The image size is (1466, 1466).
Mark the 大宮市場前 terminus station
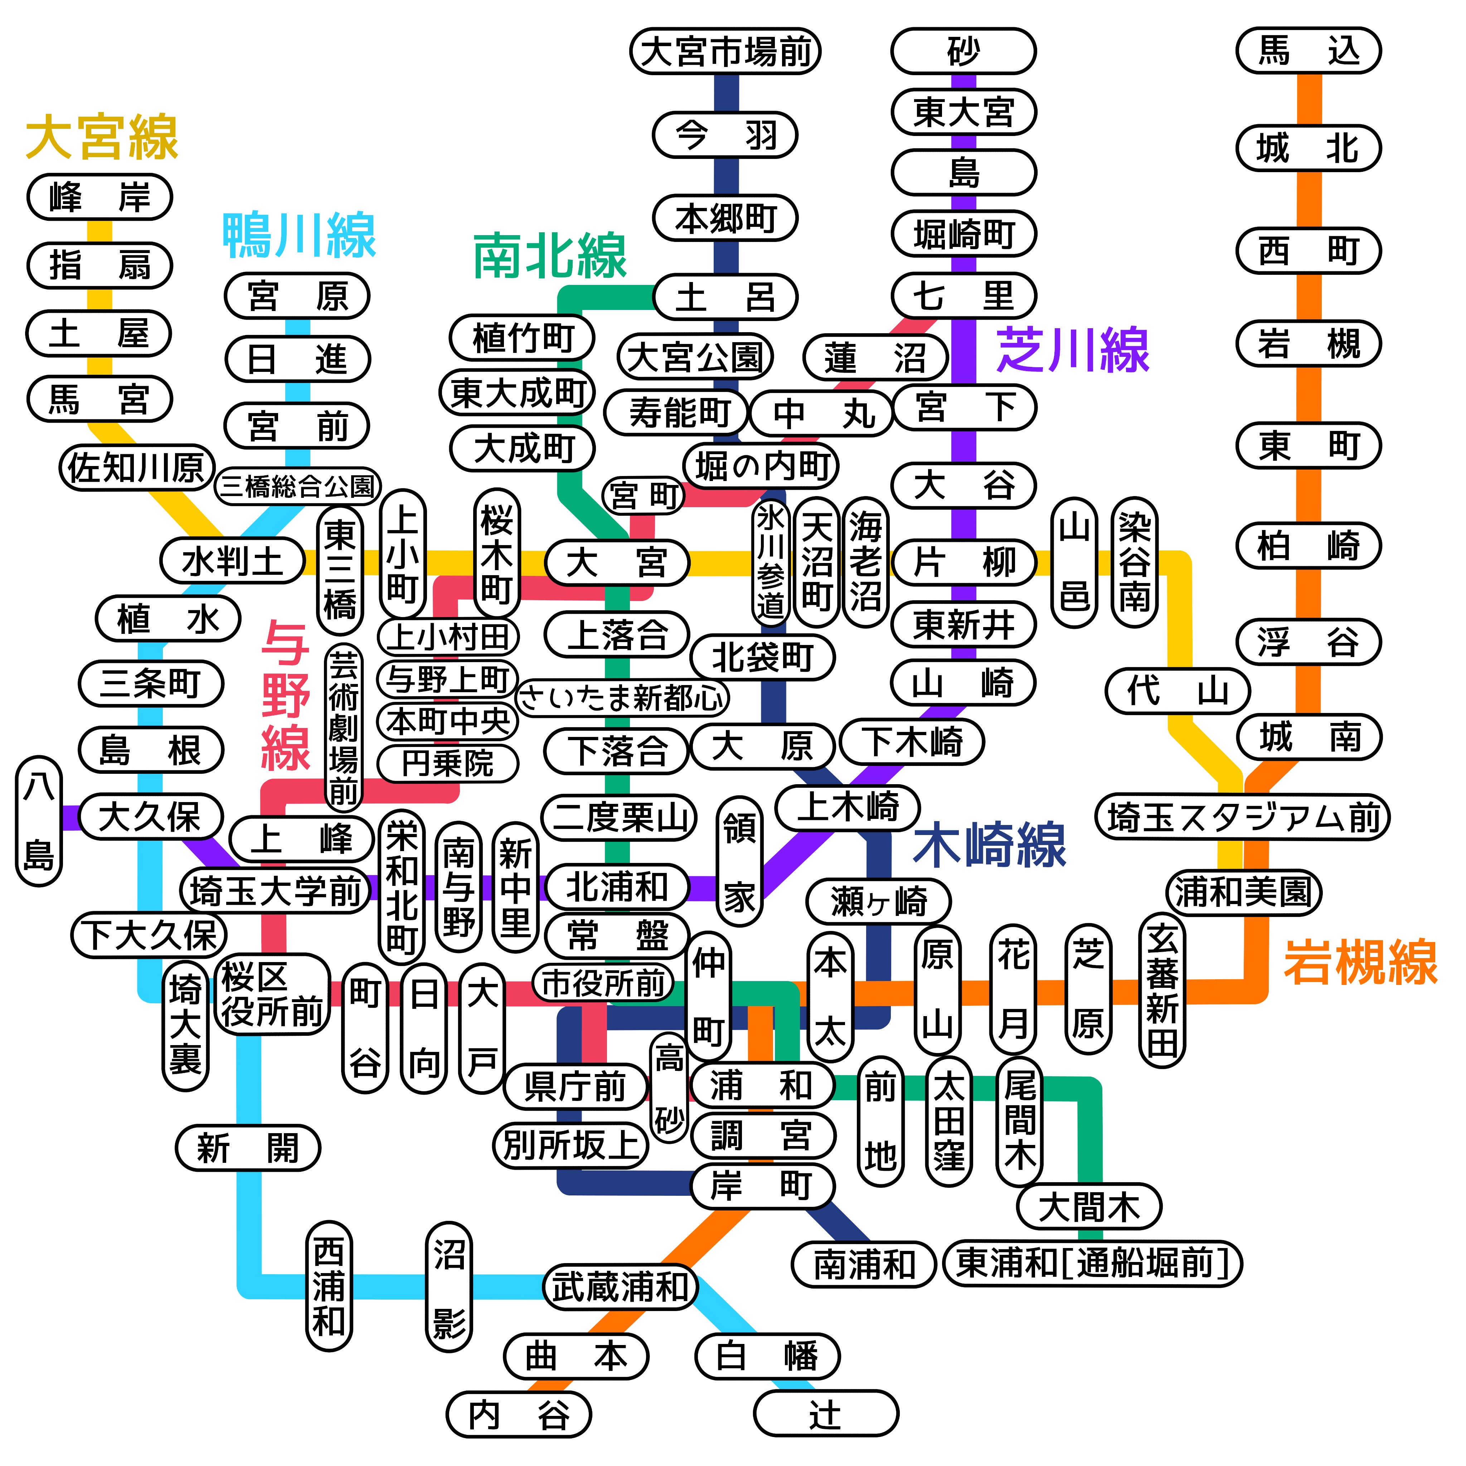point(725,52)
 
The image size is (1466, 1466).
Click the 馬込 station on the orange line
point(1308,51)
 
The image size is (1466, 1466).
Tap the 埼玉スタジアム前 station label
point(1242,817)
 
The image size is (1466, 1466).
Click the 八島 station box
point(39,821)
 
